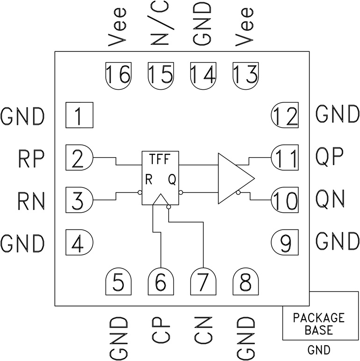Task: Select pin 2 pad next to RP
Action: point(79,159)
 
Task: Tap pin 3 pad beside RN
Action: point(79,200)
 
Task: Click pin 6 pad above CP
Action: point(161,282)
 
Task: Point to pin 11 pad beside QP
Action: point(285,158)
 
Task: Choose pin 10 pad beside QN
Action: point(285,200)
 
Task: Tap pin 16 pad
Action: point(118,75)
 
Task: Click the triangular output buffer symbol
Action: point(233,178)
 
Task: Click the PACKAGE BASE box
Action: point(319,323)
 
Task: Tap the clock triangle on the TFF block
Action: point(160,200)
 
